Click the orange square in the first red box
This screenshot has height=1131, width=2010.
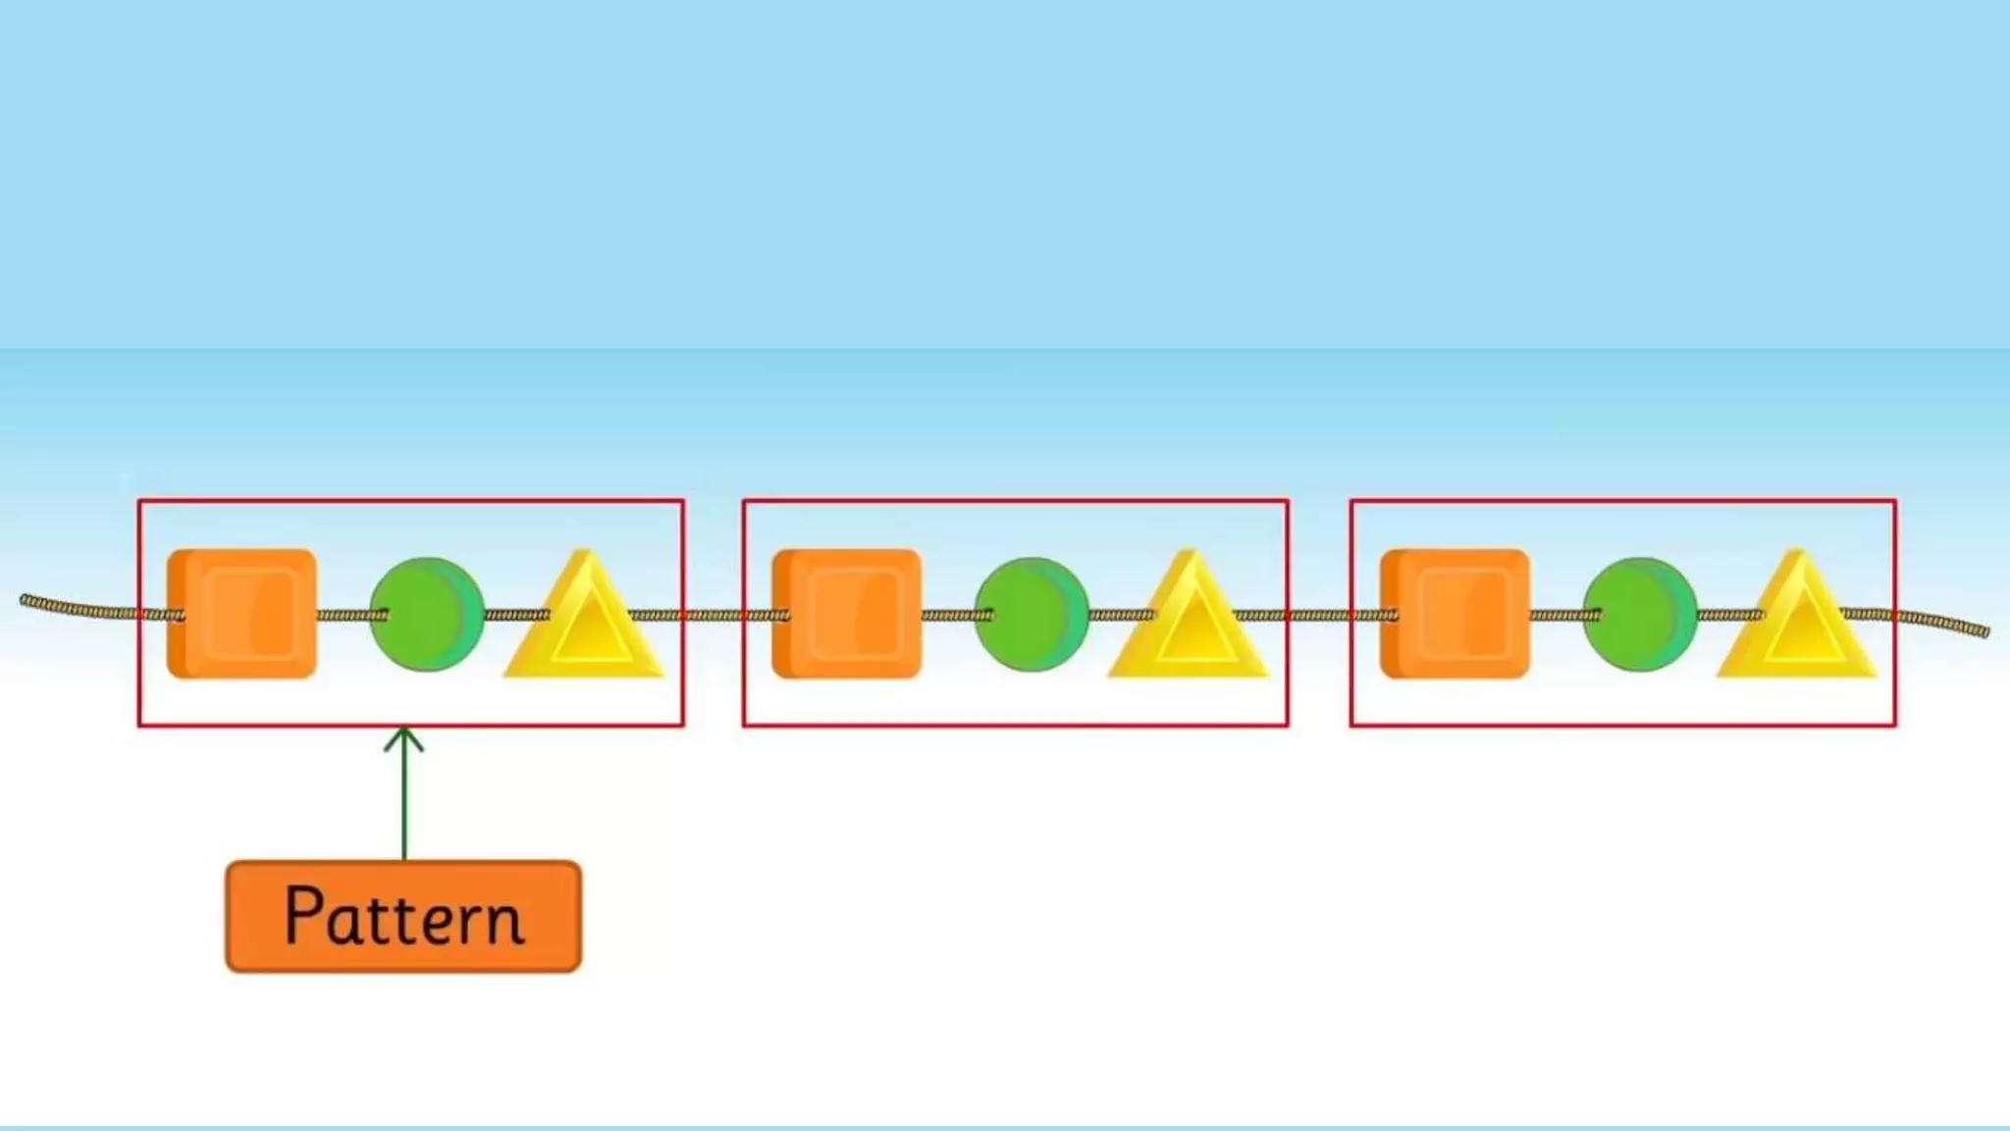click(242, 614)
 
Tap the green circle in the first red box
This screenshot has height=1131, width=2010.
click(427, 615)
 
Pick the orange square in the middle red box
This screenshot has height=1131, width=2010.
click(847, 614)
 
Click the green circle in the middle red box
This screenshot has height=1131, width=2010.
click(1031, 615)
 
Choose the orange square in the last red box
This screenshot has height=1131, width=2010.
click(1455, 614)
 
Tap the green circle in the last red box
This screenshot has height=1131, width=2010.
click(1640, 615)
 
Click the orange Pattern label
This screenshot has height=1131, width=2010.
click(403, 916)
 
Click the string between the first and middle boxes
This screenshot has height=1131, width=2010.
click(714, 616)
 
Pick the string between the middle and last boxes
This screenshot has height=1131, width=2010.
click(1319, 616)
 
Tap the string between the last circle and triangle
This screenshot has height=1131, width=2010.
click(1729, 616)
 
